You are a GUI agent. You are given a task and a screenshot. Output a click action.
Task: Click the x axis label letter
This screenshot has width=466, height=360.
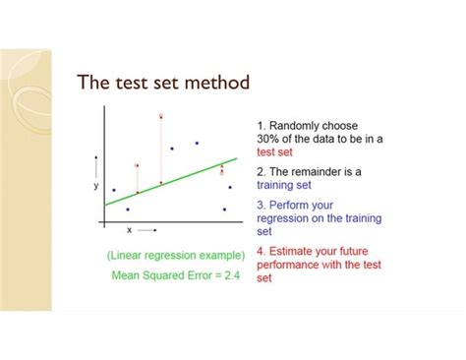[129, 228]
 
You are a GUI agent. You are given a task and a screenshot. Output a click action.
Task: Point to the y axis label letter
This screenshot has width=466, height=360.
[95, 185]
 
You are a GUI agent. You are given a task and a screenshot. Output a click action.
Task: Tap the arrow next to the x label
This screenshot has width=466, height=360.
[147, 228]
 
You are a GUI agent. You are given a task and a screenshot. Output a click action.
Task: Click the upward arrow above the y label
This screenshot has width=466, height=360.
[95, 163]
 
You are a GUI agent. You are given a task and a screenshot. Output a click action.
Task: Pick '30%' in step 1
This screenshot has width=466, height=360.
[270, 140]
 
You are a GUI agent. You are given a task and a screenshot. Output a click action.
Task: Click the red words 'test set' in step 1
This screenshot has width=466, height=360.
[274, 152]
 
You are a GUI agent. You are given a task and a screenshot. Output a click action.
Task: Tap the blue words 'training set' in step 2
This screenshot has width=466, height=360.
[282, 184]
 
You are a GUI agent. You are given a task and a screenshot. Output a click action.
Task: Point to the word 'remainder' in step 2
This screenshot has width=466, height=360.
[319, 171]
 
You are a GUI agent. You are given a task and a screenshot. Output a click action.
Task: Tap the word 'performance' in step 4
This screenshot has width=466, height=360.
[290, 265]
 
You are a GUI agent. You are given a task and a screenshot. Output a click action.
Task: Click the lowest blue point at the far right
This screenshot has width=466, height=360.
[224, 209]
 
